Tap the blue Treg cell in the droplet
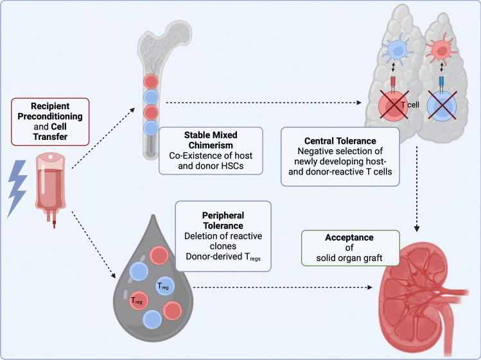pos(163,287)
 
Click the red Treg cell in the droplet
pos(137,300)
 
